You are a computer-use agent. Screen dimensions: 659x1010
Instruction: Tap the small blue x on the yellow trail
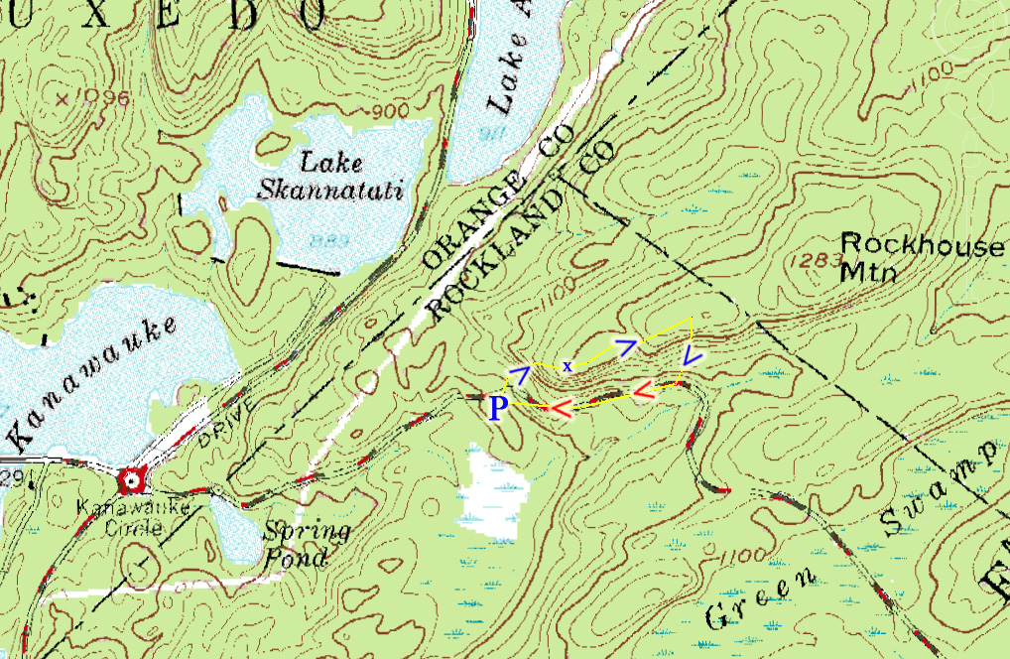coord(568,366)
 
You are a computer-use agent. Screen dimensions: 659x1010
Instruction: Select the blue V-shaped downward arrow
coord(693,356)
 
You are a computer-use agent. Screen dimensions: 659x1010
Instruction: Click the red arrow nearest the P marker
coord(563,407)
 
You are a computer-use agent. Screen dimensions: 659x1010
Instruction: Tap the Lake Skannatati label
coord(330,175)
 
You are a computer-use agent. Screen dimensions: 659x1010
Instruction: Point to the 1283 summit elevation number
coord(817,261)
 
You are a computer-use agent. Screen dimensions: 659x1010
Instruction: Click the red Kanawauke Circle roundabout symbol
coord(131,482)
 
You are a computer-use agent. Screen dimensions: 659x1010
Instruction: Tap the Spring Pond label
coord(306,544)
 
